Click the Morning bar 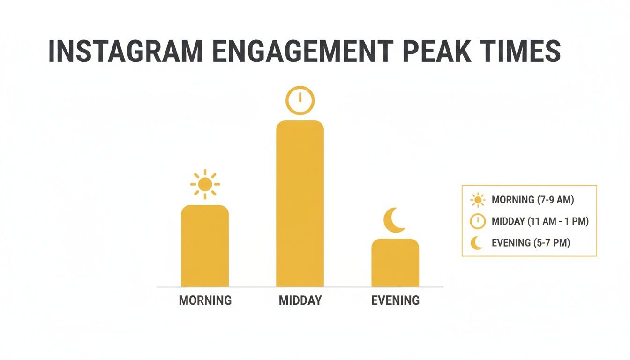205,246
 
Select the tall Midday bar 300,204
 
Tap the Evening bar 395,263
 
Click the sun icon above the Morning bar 205,184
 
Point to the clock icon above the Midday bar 300,100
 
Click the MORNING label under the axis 205,300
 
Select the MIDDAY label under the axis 300,300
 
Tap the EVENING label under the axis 395,300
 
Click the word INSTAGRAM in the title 127,52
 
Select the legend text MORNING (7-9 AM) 533,200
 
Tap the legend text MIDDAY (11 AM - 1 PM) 540,221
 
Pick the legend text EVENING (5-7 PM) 531,243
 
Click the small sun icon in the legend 477,200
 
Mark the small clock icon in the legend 477,221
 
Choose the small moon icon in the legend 477,243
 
